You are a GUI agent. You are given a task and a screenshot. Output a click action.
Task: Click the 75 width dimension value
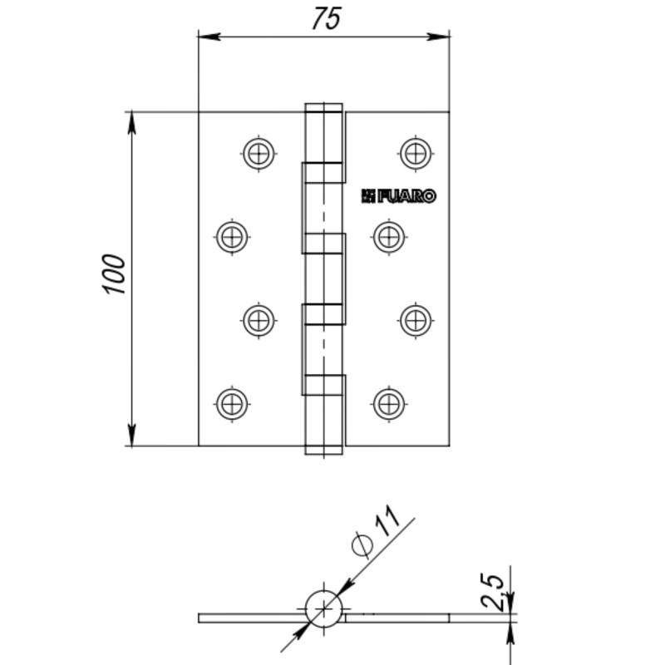[326, 19]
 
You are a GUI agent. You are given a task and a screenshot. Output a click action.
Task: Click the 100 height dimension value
[114, 274]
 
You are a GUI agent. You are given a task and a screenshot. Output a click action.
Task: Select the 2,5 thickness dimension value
[492, 591]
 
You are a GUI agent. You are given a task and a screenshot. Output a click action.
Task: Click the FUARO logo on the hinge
[399, 196]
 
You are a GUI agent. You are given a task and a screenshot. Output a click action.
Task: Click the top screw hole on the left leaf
[259, 153]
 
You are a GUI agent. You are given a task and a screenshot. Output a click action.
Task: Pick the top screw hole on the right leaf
[416, 153]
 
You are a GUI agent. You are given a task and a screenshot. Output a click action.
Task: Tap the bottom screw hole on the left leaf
[232, 404]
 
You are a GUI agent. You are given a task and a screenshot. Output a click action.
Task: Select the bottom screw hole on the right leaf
[389, 404]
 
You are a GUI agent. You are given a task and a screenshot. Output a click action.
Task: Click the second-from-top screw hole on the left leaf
[232, 237]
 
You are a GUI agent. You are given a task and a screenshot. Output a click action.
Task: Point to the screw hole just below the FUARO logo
[389, 237]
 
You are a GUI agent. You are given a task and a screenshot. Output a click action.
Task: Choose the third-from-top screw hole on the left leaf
[259, 320]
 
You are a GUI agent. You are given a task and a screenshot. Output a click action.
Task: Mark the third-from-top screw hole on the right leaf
[416, 320]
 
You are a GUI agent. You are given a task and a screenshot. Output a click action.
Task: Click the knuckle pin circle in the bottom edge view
[323, 609]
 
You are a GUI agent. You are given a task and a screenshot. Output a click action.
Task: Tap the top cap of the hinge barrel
[323, 108]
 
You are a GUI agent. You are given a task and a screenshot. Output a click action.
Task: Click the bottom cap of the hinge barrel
[323, 451]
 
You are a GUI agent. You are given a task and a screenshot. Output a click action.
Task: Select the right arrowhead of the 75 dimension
[439, 37]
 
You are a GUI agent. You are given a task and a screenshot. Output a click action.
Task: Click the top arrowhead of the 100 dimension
[132, 123]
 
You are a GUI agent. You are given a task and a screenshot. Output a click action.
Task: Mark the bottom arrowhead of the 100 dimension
[132, 435]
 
